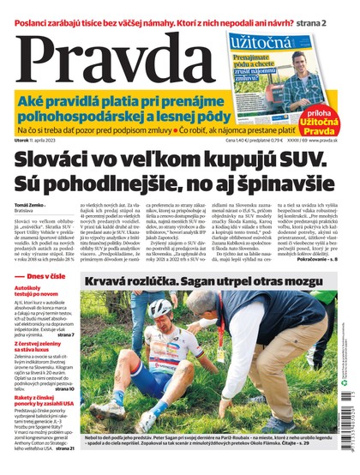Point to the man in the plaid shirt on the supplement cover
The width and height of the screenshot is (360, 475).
[302, 73]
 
